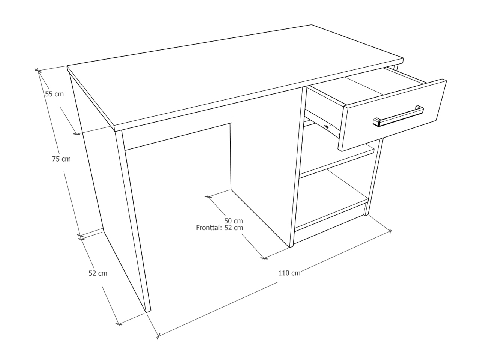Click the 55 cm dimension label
tap(54, 94)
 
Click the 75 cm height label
tap(61, 159)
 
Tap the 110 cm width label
tap(289, 273)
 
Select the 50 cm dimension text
tap(234, 221)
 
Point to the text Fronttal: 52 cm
tap(219, 228)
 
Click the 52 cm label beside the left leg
tap(98, 273)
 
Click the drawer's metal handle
tap(398, 116)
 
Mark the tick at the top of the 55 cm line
tap(38, 70)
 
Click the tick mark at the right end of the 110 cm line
tap(390, 231)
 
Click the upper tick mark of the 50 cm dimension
tap(208, 197)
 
